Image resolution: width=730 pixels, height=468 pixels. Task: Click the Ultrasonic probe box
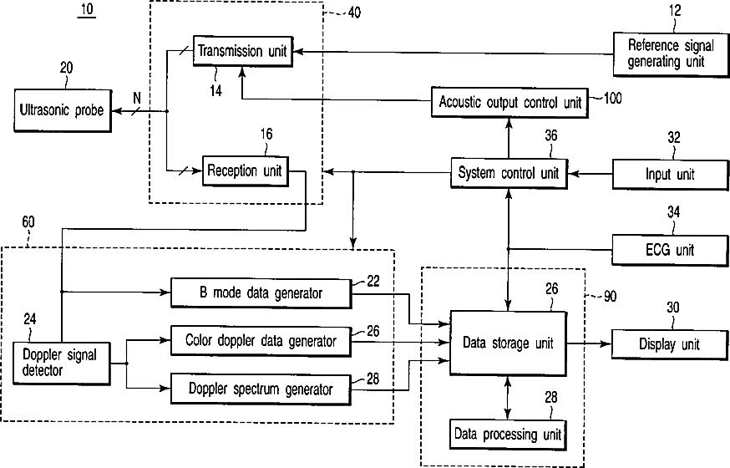(63, 111)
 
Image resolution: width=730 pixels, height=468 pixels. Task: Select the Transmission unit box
(243, 51)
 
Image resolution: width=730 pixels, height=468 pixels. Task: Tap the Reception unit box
(246, 170)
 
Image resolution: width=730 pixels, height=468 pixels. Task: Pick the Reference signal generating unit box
(671, 54)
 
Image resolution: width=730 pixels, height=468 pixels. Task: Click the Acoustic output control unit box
(509, 102)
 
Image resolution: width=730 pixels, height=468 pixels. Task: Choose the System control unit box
(509, 173)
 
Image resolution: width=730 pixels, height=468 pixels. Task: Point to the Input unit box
(670, 175)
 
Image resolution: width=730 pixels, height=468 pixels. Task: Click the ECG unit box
(670, 250)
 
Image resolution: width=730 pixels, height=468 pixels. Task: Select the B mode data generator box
(261, 292)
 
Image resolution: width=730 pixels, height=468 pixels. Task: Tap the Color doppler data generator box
(261, 341)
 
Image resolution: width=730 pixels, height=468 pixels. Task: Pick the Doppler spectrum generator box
(261, 389)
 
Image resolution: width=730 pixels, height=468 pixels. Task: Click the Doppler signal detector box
(62, 364)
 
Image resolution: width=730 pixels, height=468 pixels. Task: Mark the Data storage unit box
(508, 343)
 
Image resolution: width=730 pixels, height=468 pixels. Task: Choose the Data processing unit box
(508, 435)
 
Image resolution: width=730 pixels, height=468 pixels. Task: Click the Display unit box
(670, 344)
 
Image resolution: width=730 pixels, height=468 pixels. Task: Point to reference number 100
(612, 99)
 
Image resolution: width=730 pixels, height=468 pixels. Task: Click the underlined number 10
(87, 10)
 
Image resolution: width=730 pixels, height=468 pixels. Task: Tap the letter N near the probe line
(137, 99)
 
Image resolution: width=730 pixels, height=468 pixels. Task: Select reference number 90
(610, 296)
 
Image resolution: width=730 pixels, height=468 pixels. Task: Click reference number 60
(28, 222)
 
